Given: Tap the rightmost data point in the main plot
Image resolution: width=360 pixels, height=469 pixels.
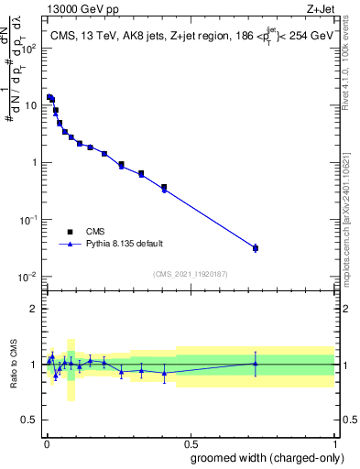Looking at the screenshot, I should (x=256, y=248).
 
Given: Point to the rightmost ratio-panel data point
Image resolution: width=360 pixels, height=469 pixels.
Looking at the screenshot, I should (x=256, y=364).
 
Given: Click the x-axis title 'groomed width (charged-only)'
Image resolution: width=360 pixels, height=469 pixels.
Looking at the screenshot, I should (x=263, y=457).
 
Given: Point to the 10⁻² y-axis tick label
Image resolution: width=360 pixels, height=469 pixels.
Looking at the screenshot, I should (x=28, y=278).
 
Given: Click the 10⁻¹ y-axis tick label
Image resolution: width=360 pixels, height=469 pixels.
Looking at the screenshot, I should (x=28, y=220).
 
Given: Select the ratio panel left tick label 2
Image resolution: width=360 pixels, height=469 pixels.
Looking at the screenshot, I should (x=36, y=309).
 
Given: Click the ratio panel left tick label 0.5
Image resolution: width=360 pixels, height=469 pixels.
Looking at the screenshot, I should (x=32, y=420).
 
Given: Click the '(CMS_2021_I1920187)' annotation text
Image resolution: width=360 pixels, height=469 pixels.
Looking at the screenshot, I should (x=190, y=273).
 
